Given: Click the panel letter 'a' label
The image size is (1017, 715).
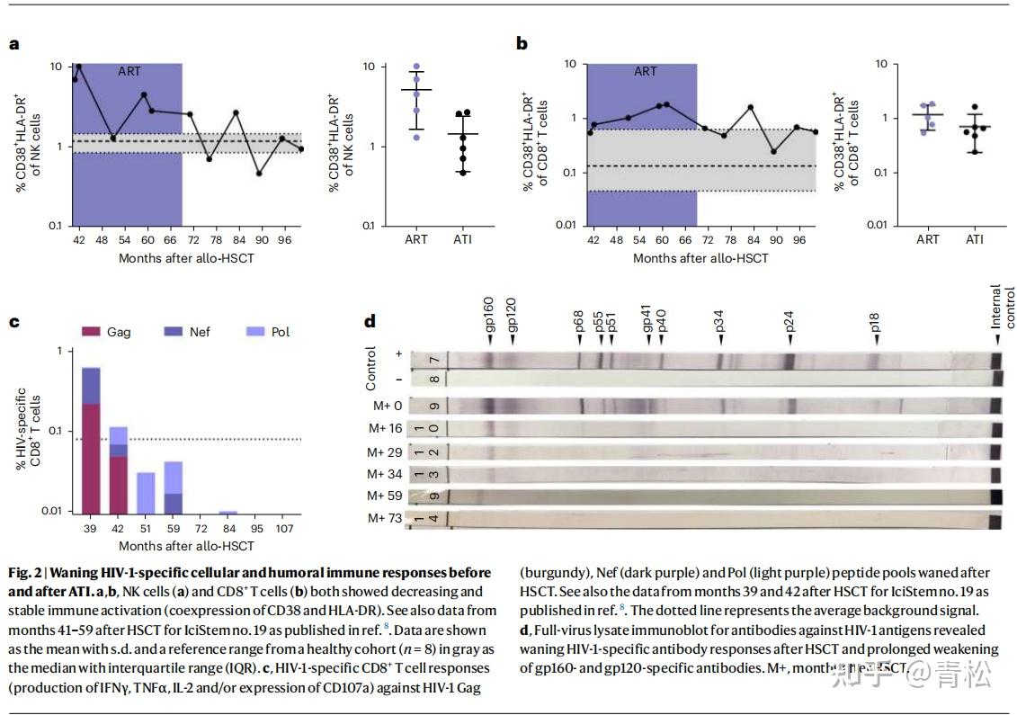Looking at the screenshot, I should (x=13, y=44).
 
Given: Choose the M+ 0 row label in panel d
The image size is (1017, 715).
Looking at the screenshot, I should (x=388, y=405).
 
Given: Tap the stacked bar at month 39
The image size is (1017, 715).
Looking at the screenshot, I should (x=91, y=441).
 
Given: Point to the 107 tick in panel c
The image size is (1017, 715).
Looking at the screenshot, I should (x=282, y=528).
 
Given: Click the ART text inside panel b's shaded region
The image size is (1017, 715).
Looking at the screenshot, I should (x=646, y=71).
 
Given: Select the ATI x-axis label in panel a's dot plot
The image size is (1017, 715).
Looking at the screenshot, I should (x=462, y=239).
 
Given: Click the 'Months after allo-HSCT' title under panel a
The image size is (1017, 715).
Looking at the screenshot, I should (x=186, y=258).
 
